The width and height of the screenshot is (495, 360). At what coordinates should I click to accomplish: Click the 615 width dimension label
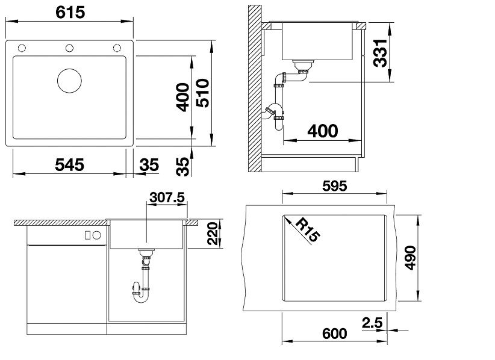point(70,13)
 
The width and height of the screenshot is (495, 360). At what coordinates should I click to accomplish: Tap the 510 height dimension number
point(202,93)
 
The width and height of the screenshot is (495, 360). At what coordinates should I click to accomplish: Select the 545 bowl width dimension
point(69,165)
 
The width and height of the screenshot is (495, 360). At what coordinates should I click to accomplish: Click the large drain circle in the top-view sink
point(69,81)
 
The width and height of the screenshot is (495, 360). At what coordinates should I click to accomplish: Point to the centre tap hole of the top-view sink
point(69,48)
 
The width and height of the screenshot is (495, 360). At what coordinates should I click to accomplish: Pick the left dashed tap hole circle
point(22,48)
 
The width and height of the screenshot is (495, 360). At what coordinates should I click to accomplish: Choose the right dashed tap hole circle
point(117,48)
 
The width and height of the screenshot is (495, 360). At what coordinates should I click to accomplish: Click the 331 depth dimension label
point(380,53)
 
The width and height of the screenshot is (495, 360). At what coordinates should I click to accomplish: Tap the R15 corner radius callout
point(308,231)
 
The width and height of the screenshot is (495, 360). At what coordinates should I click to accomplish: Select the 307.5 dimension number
point(167,197)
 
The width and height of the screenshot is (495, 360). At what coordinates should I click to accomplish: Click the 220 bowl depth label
point(213,234)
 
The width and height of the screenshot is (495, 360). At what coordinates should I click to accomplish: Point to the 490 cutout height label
point(410,258)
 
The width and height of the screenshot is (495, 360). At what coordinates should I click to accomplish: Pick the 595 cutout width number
point(334,186)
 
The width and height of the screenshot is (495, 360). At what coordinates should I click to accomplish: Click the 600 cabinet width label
point(334,334)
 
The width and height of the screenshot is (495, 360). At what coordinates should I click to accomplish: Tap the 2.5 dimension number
point(372,323)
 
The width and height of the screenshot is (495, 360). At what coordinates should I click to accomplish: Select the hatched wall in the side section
point(255,88)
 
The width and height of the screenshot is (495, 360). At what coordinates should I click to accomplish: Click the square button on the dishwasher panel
point(88,235)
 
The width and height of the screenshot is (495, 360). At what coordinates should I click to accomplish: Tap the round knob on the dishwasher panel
point(97,235)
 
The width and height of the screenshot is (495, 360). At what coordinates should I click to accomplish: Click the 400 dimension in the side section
point(323,131)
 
